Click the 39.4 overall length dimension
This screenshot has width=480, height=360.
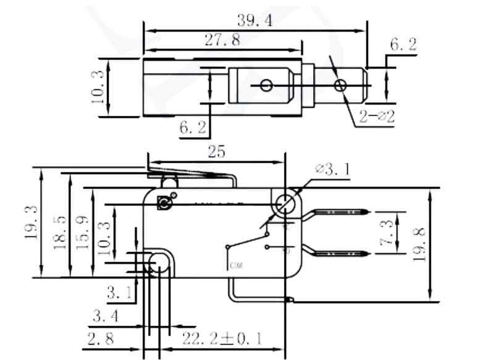click(x=255, y=20)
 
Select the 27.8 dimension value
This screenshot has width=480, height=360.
click(x=222, y=41)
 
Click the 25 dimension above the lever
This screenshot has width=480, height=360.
click(x=216, y=152)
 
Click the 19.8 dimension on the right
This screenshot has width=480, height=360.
click(x=419, y=245)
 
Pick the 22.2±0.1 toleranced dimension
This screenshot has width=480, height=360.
click(x=222, y=338)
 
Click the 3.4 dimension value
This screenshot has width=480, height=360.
click(x=107, y=317)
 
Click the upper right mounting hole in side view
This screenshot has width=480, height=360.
click(x=285, y=202)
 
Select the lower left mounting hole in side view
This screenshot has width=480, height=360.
click(x=159, y=264)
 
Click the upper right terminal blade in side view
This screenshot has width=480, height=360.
click(x=340, y=212)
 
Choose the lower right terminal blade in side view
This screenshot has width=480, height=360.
click(x=340, y=253)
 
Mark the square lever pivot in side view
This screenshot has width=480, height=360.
click(x=164, y=203)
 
